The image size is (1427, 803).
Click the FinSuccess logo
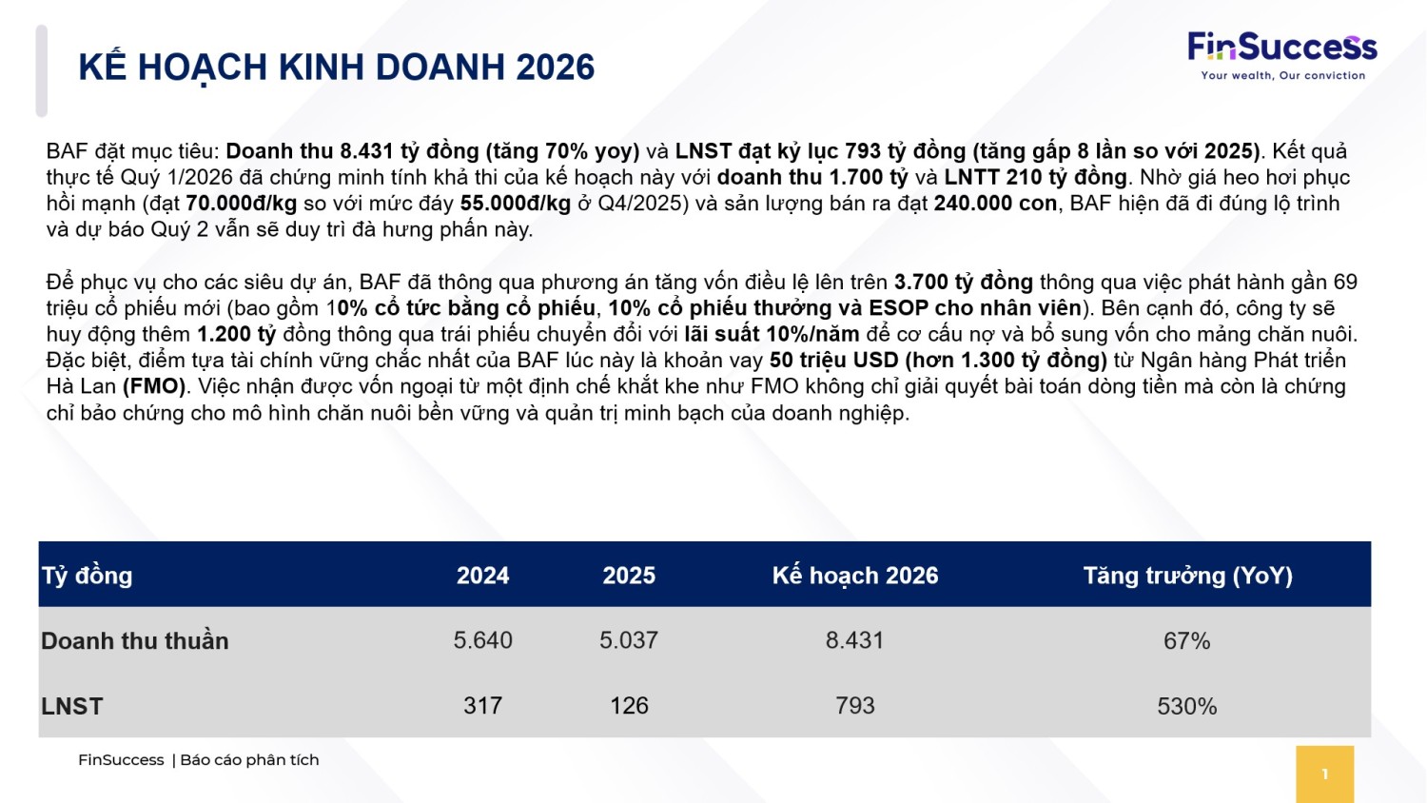coord(1281,48)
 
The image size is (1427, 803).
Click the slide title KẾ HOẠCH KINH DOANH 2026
coord(337,68)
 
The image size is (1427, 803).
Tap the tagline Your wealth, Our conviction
coord(1282,76)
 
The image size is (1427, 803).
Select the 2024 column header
coord(482,576)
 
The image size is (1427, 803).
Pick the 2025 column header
coord(629,576)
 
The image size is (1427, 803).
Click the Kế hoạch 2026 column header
coord(855,576)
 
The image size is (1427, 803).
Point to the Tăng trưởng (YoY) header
coord(1187,576)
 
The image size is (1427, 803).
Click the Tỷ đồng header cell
coord(88,576)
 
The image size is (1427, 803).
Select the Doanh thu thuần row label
coord(135,641)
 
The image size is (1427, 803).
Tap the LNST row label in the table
coord(72,707)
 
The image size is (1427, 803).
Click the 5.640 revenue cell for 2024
coord(482,641)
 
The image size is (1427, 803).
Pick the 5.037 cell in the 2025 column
coord(629,641)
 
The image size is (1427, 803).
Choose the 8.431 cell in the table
coord(855,641)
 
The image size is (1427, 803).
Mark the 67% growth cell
coord(1187,641)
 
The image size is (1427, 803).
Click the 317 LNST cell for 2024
coord(482,706)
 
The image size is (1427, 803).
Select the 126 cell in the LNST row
coord(629,706)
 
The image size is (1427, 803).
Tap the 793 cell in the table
coord(855,706)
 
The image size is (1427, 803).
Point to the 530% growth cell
coord(1187,707)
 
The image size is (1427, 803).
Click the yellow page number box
coord(1324,774)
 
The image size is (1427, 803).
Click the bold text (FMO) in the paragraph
coord(154,386)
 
